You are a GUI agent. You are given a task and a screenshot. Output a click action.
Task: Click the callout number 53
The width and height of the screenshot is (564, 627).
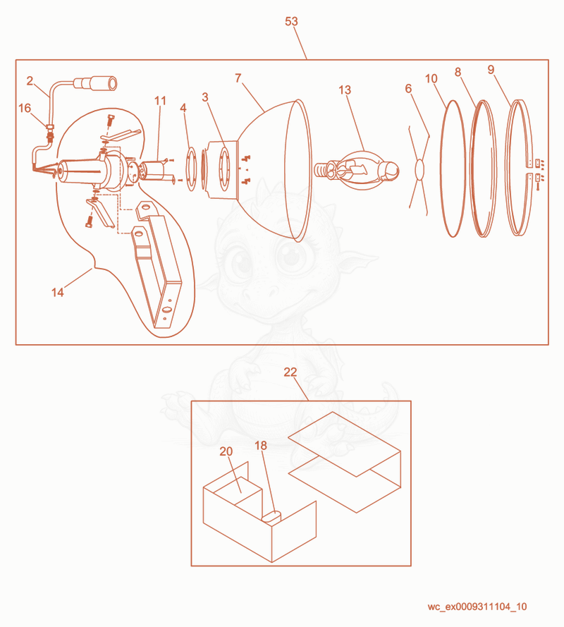tap(291, 21)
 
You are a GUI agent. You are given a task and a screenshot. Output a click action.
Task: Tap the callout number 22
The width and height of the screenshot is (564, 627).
tap(290, 372)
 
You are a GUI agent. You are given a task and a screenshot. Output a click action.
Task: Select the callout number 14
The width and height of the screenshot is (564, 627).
tap(58, 292)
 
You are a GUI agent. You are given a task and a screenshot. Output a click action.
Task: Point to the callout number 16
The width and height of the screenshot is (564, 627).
tap(25, 108)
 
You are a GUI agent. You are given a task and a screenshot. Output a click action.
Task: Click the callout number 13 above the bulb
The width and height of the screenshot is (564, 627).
tap(345, 90)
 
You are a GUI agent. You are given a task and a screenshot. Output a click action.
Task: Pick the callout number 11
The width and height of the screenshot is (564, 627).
tap(160, 100)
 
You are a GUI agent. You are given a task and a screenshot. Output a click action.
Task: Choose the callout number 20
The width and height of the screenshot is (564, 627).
tap(226, 451)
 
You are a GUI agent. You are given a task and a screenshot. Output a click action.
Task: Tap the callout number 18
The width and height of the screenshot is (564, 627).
tap(261, 446)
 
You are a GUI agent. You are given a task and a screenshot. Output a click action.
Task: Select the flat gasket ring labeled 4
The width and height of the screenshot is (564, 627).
tap(192, 169)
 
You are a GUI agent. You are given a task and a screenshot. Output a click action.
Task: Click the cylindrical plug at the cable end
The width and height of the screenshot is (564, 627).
tap(96, 84)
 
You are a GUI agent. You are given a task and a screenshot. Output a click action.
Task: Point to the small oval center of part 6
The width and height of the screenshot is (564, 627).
tap(419, 169)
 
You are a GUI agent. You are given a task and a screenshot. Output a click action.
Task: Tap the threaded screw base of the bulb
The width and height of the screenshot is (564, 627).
tap(321, 170)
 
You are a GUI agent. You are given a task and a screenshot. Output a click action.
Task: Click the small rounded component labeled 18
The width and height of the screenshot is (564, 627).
tap(271, 516)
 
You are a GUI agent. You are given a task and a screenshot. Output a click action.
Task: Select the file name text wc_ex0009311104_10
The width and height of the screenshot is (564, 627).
tap(477, 607)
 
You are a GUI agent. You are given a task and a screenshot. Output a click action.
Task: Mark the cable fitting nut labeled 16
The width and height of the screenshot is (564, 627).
tap(50, 128)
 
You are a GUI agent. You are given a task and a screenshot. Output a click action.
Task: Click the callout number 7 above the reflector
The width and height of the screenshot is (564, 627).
tap(238, 78)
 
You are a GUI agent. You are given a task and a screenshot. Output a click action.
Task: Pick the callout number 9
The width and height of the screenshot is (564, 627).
tap(491, 70)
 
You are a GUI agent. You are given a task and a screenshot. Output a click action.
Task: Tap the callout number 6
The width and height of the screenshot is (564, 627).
tap(408, 88)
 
